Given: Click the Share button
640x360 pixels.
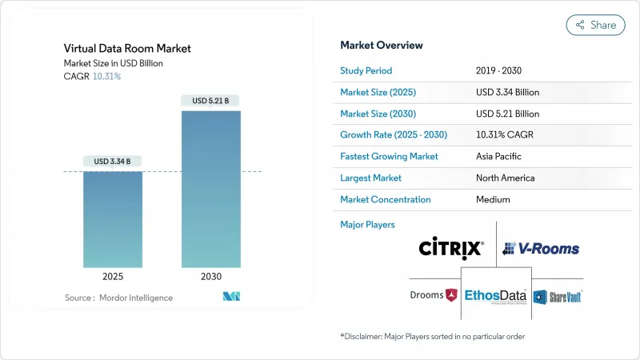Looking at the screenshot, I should pos(596,25).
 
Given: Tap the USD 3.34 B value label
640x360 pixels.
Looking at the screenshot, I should pos(113,162).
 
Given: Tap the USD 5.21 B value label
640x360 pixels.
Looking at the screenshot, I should pos(211,101).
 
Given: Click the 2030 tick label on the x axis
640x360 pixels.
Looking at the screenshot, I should pos(211,276).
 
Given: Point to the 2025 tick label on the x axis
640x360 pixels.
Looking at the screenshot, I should pos(113,276).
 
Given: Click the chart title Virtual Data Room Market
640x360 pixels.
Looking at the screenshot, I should pos(128,49).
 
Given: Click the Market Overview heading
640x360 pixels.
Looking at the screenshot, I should pos(382,45).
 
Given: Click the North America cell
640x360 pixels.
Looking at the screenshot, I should pos(505,178).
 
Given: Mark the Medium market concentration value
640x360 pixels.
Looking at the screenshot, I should pos(494,199).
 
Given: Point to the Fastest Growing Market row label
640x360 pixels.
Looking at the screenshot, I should pos(389,156).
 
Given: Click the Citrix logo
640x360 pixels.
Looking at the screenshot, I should pos(451,248).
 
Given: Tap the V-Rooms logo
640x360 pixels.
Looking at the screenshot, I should pos(541,249).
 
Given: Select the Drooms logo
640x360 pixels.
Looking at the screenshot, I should pos(433,295).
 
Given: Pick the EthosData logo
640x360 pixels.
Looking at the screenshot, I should pos(496,296).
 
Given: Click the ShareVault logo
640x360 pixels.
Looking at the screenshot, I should pos(558,297).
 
